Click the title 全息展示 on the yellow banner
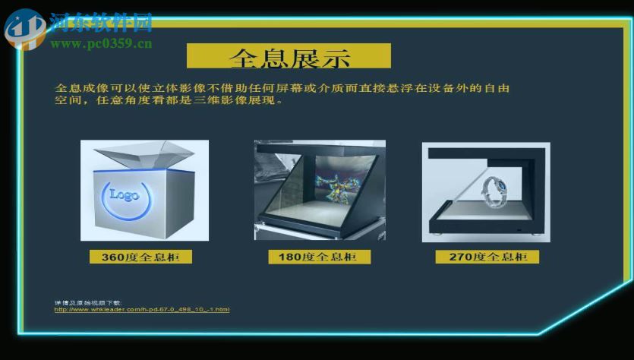[x=289, y=57]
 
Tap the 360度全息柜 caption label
[x=141, y=257]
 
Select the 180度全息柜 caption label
[x=319, y=257]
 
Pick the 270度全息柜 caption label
[x=487, y=257]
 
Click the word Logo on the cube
[x=125, y=194]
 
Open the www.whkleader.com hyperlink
[x=142, y=310]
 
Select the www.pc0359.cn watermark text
[x=102, y=44]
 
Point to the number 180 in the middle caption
[x=289, y=257]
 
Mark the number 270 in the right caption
[x=460, y=257]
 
